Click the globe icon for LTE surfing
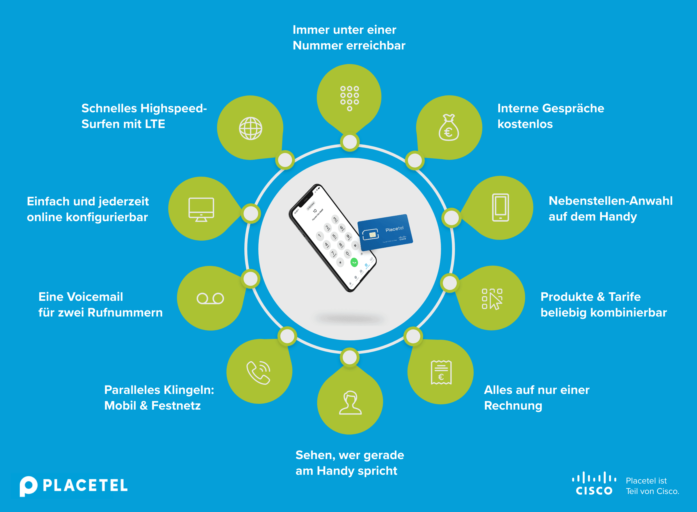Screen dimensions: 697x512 coord(250,128)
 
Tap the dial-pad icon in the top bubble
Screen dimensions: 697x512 coord(350,98)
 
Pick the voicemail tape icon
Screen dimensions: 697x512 coord(210,298)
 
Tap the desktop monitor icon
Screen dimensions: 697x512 coord(201,209)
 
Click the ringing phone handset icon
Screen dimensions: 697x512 coord(259,372)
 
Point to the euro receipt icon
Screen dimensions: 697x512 coord(441,372)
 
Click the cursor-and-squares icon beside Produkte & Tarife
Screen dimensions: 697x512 coord(492,299)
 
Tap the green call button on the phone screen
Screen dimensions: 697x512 coord(354,262)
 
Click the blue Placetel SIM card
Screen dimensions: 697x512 coord(385,232)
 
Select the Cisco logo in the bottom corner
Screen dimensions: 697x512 coord(594,483)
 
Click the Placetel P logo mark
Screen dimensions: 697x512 coord(28,486)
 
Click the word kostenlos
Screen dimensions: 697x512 coord(525,124)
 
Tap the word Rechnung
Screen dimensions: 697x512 coord(513,406)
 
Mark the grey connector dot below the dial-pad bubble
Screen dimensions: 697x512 coord(350,142)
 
